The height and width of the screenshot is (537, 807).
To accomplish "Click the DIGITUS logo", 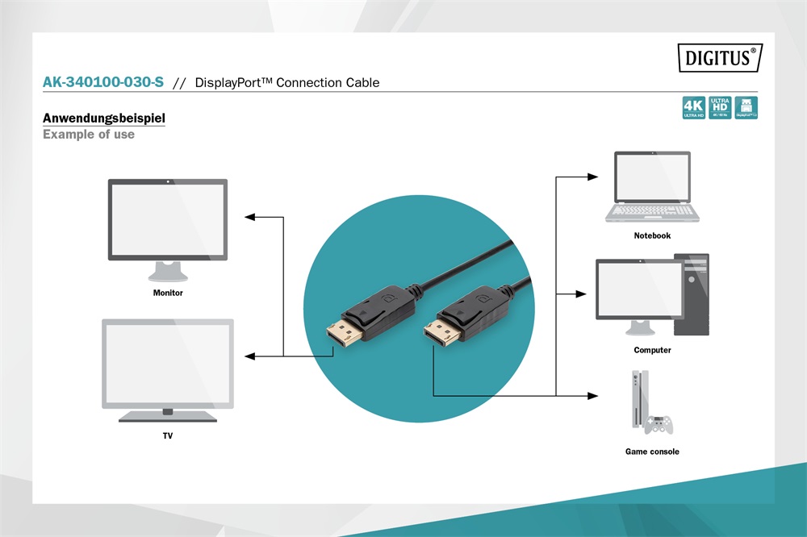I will point(719,57).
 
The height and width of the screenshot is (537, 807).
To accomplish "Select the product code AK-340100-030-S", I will point(103,82).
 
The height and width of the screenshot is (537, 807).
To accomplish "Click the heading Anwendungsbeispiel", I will point(104,119).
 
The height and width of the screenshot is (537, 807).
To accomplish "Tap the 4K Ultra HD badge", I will point(693,108).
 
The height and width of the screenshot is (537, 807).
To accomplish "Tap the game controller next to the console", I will point(658,423).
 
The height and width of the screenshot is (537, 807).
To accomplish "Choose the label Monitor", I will point(168,293).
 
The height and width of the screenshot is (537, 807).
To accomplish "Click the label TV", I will point(167,436).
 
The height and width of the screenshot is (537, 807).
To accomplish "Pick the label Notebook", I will point(652,235).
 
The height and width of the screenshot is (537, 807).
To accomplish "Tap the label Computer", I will point(652,350).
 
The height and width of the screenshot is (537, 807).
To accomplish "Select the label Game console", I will point(652,452).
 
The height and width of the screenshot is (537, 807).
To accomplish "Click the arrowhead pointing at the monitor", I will point(249,217).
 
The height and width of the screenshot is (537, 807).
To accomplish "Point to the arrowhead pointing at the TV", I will point(249,356).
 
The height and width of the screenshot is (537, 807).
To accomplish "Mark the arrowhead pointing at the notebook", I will point(593,176).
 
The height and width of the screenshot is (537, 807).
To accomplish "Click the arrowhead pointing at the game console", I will point(593,395).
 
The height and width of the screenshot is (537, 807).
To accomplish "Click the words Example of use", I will point(89,135).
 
